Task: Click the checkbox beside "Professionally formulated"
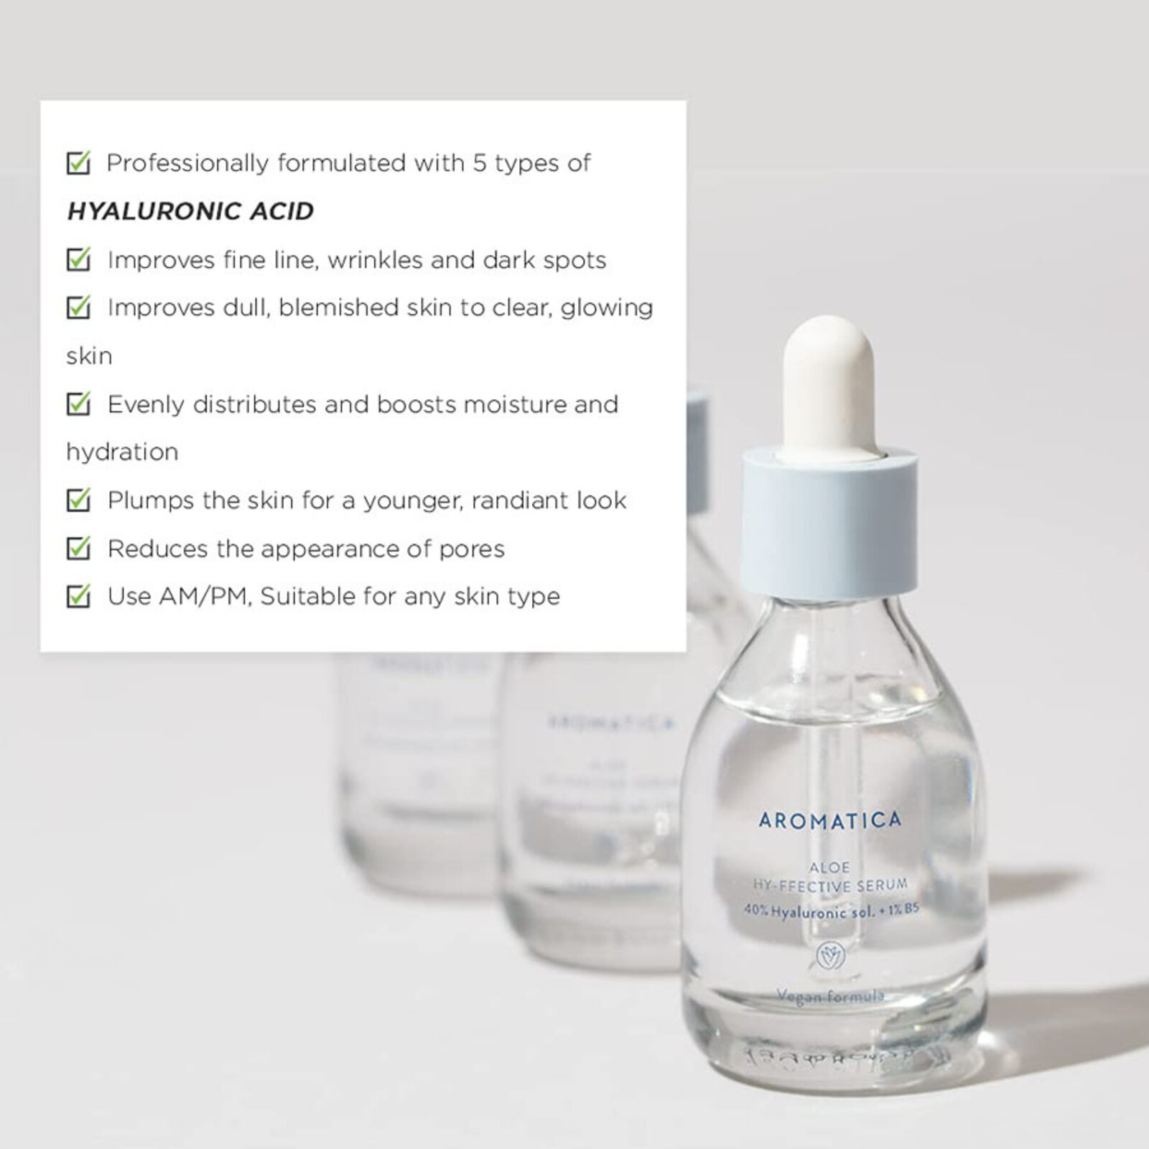click(78, 163)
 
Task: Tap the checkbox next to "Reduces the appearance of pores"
click(78, 549)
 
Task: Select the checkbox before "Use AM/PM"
click(78, 596)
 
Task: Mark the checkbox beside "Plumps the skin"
click(78, 501)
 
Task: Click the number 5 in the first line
click(479, 164)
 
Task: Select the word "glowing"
click(607, 308)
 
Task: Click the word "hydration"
click(122, 452)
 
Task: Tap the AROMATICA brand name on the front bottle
click(829, 820)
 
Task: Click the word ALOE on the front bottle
click(830, 867)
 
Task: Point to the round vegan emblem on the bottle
click(831, 956)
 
